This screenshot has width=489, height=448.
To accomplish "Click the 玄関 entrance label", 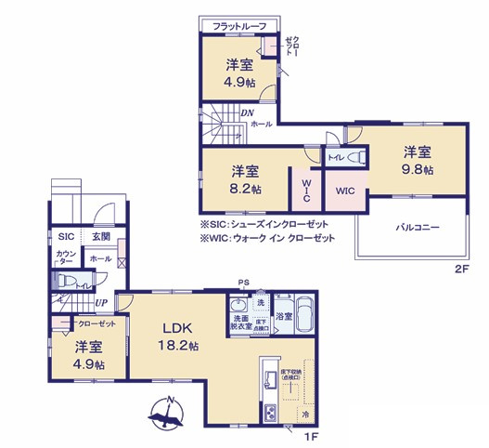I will (x=101, y=237).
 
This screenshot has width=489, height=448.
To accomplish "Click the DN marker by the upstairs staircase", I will (x=248, y=114).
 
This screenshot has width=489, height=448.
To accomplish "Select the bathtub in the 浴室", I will (x=304, y=315).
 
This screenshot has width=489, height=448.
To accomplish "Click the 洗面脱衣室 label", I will (x=239, y=323).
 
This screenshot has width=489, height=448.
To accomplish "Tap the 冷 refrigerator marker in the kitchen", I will (x=303, y=413).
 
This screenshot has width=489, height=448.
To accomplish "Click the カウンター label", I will (x=66, y=258).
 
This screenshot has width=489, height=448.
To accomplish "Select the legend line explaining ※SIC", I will (x=265, y=224).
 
